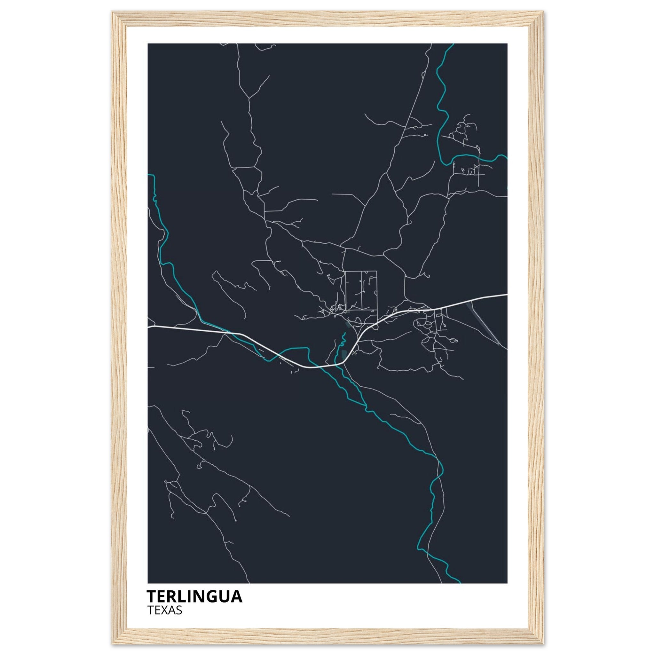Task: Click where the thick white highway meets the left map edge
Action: pyautogui.click(x=148, y=327)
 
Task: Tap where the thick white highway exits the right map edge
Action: pyautogui.click(x=507, y=295)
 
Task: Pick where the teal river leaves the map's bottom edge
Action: pyautogui.click(x=459, y=582)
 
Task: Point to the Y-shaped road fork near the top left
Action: pyautogui.click(x=249, y=98)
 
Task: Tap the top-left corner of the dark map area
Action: pyautogui.click(x=148, y=44)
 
